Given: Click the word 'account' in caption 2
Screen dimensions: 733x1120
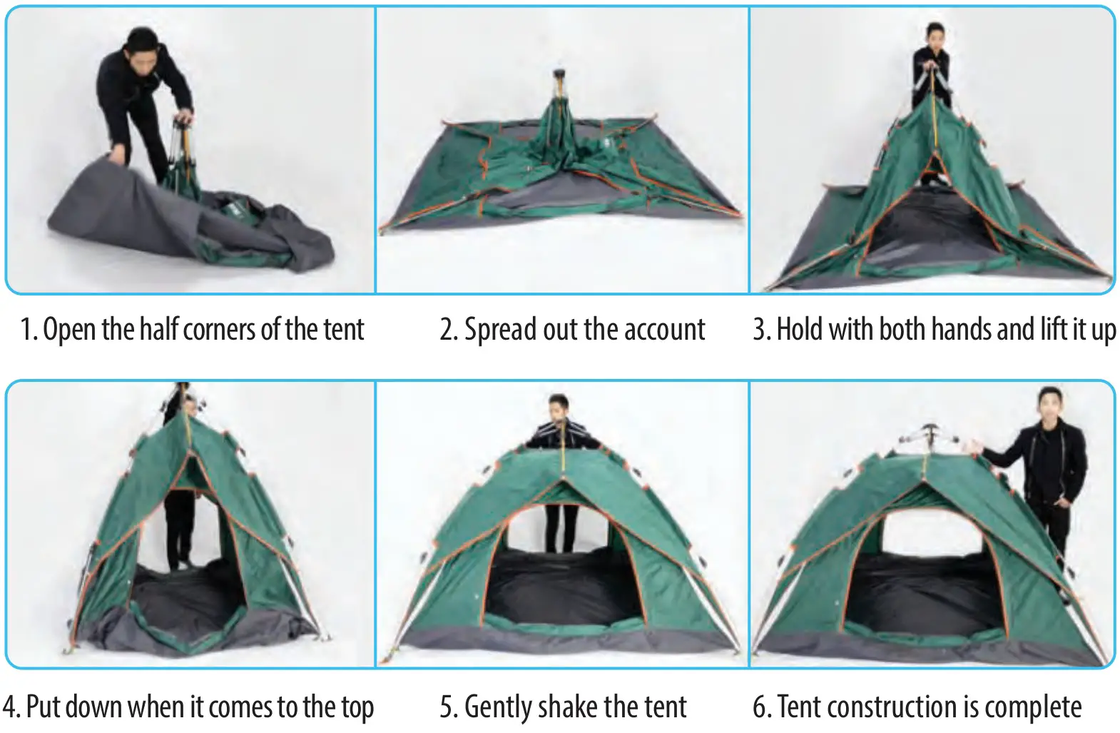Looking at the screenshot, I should click(664, 330).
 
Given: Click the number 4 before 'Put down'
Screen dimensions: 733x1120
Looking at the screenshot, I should click(9, 707).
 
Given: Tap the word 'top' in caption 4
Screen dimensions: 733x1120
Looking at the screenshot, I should click(357, 707).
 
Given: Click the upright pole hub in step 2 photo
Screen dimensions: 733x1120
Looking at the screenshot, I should click(560, 76).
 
